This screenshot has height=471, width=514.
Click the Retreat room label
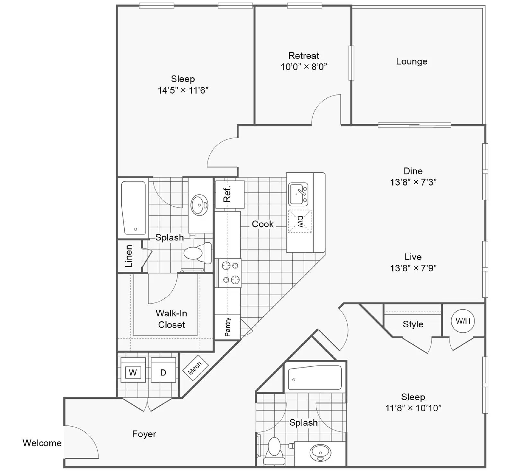coord(304,56)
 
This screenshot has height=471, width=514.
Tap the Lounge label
coord(412,61)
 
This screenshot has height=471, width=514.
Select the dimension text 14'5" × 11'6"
coord(183,90)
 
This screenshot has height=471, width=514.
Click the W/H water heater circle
coord(463,321)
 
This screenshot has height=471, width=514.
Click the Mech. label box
coord(195,367)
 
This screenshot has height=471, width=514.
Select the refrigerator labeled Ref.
coord(230,195)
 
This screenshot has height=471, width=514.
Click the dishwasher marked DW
coord(299,221)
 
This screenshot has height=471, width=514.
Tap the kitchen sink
coord(298,194)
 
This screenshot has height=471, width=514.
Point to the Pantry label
coord(227,327)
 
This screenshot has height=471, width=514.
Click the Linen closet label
coord(129,256)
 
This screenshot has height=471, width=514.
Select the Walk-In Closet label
coord(172,319)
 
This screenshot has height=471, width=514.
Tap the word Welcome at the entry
coord(42,443)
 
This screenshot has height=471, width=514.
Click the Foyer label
coord(144,434)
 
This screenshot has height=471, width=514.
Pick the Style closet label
coord(413,324)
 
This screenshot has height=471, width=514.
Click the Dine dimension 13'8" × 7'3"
coord(413,182)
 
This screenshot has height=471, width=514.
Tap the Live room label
coord(413,257)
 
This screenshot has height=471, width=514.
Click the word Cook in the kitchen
coord(262,224)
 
